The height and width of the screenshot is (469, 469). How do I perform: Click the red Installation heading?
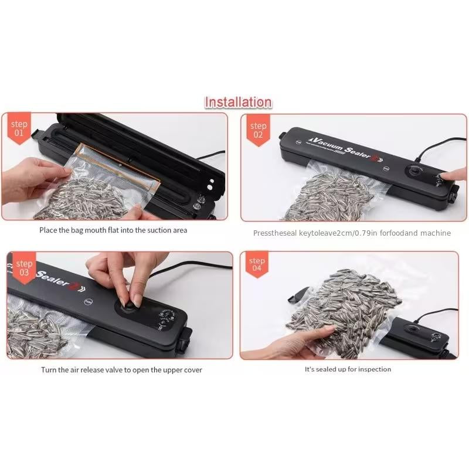click(237, 103)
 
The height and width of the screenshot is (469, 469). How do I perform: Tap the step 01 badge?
click(19, 128)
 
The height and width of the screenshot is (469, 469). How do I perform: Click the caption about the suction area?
click(113, 230)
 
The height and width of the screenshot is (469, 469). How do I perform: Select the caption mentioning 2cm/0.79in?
click(352, 233)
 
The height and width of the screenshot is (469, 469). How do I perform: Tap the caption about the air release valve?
click(121, 370)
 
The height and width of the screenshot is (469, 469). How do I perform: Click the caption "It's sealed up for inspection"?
click(348, 369)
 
